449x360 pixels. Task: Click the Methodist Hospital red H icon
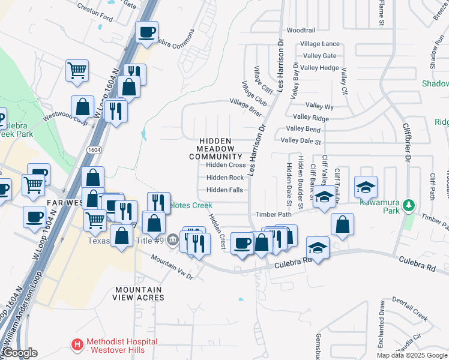pos(77,345)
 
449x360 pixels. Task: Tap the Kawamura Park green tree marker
pos(409,206)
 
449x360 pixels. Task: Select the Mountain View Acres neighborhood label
pos(139,293)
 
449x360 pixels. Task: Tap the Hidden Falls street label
pos(224,190)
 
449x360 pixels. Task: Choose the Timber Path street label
pos(273,214)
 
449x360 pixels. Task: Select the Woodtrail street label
pos(301,30)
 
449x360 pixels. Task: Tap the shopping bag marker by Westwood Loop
pos(82,107)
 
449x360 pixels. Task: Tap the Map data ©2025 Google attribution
pos(411,355)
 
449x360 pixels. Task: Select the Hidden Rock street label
pos(225,178)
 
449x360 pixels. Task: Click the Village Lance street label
pos(320,44)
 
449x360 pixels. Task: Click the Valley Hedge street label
pos(320,68)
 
